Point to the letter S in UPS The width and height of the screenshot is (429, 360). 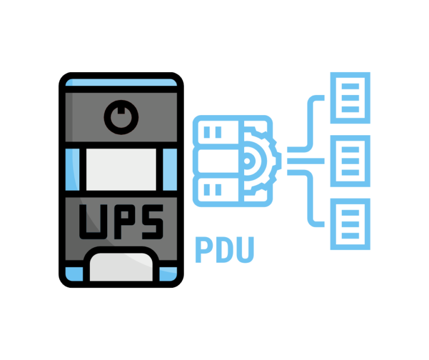[152, 222]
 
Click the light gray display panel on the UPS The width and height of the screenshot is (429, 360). [121, 169]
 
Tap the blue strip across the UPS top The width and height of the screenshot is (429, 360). [121, 82]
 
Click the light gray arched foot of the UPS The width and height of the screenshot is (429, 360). [121, 267]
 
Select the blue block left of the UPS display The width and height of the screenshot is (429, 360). [72, 169]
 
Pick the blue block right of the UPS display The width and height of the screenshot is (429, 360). [170, 169]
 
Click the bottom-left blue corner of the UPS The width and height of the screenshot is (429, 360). [74, 274]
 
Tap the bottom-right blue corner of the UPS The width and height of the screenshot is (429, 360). [168, 274]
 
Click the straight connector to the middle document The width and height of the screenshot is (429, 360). [306, 161]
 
